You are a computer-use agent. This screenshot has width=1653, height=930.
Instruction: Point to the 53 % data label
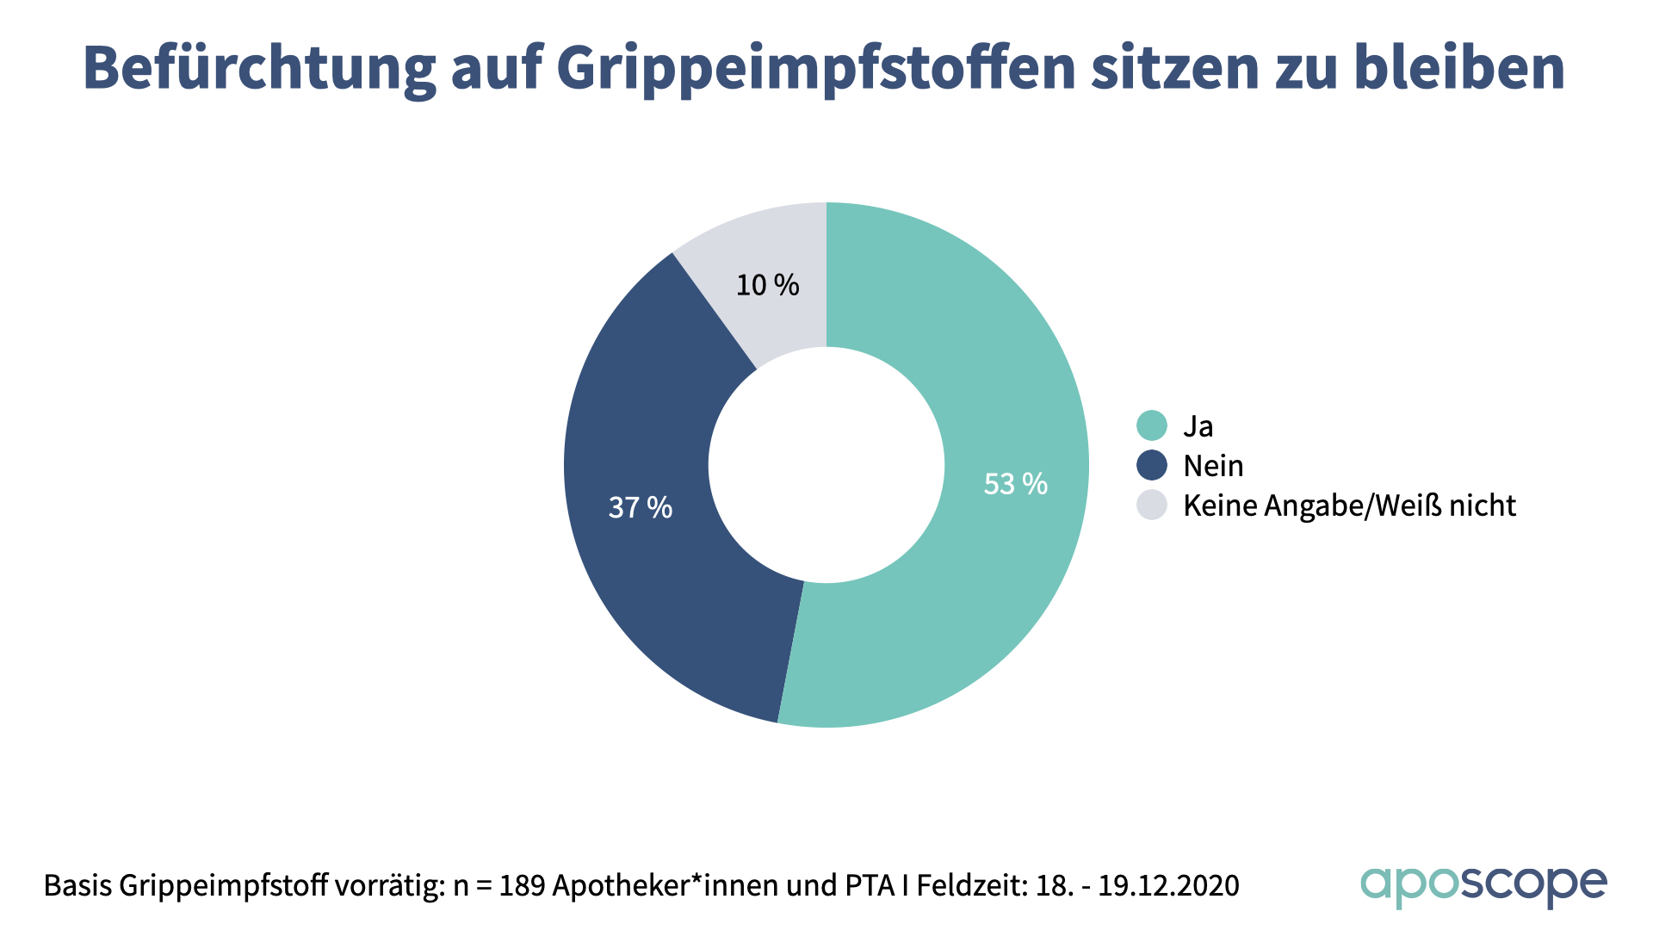click(x=1015, y=484)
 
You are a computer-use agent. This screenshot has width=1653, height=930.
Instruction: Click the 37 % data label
click(x=640, y=507)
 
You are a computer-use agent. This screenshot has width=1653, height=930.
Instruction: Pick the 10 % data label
click(x=767, y=285)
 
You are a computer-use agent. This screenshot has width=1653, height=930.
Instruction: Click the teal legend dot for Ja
click(x=1151, y=425)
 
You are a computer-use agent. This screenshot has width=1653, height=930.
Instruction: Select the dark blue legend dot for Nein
click(x=1151, y=465)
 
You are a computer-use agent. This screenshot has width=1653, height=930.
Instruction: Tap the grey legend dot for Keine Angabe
click(x=1151, y=505)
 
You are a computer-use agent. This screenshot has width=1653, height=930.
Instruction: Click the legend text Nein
click(x=1213, y=466)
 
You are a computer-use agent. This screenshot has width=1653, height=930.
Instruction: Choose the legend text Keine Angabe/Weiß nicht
click(x=1349, y=505)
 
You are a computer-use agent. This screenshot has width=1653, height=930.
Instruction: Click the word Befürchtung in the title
click(x=259, y=67)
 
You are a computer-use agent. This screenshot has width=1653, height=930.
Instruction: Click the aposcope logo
click(x=1483, y=885)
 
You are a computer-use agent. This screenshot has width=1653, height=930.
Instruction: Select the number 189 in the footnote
click(x=522, y=885)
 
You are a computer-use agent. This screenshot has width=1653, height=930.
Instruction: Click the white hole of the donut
click(x=826, y=465)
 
